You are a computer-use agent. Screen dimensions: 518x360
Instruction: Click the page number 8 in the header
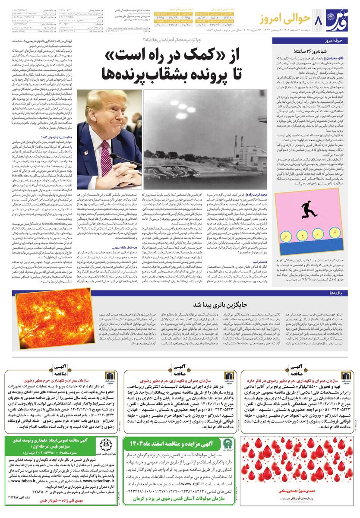[x=319, y=20]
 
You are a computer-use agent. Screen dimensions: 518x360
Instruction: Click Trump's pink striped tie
[x=106, y=158]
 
